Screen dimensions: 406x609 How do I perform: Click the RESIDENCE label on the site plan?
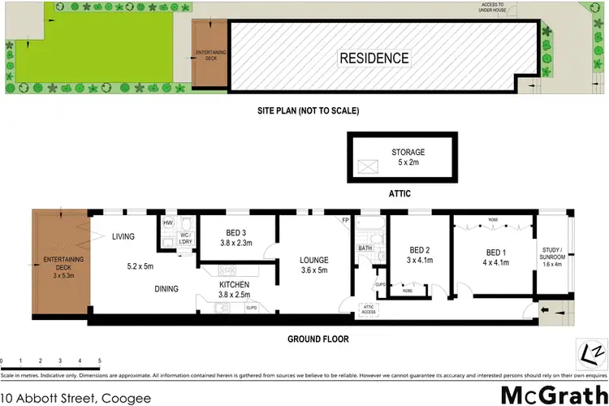coord(374,58)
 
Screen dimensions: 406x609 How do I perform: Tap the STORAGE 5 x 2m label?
coord(408,157)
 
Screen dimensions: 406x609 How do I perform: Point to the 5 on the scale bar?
coord(99,360)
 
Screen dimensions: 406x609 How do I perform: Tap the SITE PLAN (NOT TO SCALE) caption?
coord(304,110)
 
